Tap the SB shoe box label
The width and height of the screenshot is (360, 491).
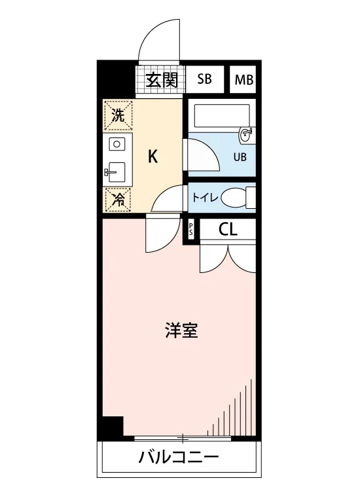(204, 79)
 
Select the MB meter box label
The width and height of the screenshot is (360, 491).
(244, 80)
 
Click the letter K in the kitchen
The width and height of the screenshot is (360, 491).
(153, 156)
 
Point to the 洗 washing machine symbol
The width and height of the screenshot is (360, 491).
(118, 115)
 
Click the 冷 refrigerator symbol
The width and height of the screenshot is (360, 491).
(118, 199)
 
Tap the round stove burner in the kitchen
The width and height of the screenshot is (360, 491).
(117, 145)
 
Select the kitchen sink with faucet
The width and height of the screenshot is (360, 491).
(116, 173)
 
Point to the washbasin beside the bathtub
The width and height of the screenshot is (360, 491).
(247, 136)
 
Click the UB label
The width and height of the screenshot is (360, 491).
(240, 156)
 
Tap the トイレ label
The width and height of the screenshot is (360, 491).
(204, 198)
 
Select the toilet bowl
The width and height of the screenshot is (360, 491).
(233, 198)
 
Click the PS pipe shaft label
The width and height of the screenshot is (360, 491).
(191, 230)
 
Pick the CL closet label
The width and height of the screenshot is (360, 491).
(228, 230)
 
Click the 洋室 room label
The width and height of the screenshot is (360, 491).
(181, 330)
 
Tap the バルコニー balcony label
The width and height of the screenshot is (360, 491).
(179, 458)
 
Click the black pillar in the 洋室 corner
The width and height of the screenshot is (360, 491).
(113, 426)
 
